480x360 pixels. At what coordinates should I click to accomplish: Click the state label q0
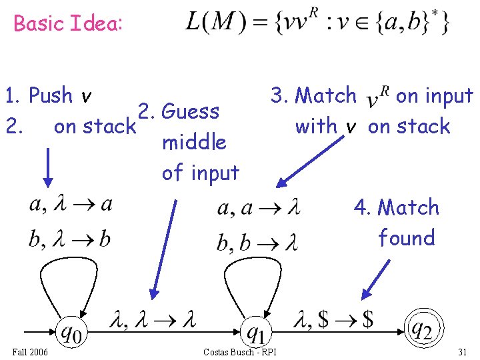pyautogui.click(x=71, y=331)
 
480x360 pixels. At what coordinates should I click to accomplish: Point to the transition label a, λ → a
pyautogui.click(x=71, y=205)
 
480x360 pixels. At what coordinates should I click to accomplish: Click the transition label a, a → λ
pyautogui.click(x=259, y=209)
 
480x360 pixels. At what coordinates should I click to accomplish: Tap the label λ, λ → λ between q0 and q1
pyautogui.click(x=156, y=321)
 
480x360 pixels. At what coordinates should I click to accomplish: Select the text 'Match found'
pyautogui.click(x=404, y=223)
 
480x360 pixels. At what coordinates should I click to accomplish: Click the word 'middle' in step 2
pyautogui.click(x=194, y=142)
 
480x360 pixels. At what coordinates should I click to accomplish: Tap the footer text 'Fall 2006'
pyautogui.click(x=29, y=351)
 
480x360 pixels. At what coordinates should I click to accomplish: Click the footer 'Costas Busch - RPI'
pyautogui.click(x=240, y=351)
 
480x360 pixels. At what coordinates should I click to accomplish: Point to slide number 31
pyautogui.click(x=463, y=351)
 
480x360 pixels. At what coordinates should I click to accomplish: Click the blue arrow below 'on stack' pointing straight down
pyautogui.click(x=48, y=167)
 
